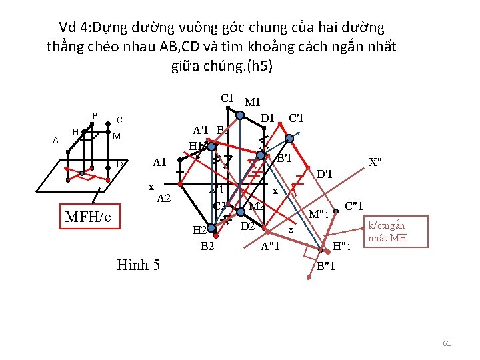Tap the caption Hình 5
point(137,265)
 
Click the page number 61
point(447,343)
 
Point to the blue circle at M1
point(241,114)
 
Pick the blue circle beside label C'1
point(289,139)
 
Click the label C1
point(228,98)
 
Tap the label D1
point(268,119)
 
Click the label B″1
point(325,267)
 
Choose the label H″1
point(343,247)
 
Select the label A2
point(164,198)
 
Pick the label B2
point(207,246)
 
